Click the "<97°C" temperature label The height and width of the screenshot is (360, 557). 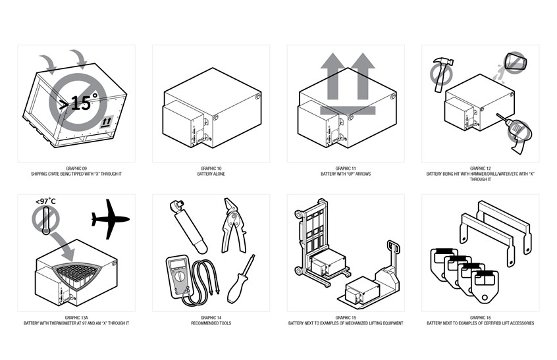(45, 201)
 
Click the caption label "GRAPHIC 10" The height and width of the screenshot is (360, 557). (210, 168)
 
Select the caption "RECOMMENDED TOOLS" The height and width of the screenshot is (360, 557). (210, 323)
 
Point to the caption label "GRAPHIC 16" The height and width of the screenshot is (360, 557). (480, 318)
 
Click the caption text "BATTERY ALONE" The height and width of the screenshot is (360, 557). (210, 174)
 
